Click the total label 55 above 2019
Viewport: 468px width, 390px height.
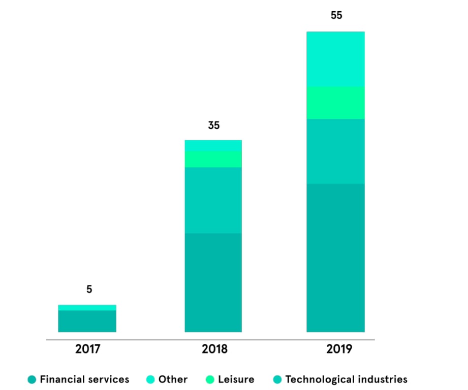tap(336, 16)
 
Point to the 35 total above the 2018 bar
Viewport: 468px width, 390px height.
tap(213, 125)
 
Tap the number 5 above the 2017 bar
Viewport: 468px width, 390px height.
tap(89, 289)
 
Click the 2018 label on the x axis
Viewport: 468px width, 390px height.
tap(214, 349)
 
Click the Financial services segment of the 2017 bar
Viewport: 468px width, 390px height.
tap(87, 321)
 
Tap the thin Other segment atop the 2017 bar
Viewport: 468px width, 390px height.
tap(87, 307)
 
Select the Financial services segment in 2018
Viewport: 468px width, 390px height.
tap(213, 282)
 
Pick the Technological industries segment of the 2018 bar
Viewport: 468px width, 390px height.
tap(213, 200)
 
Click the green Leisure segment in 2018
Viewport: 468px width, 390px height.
tap(213, 159)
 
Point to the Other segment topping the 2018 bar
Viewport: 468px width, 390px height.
tap(213, 145)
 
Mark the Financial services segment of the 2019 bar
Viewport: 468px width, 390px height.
tap(336, 257)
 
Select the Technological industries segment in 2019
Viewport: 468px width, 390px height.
tap(336, 151)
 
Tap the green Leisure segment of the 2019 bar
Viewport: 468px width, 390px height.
tap(336, 103)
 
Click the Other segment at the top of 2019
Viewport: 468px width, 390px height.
tap(336, 59)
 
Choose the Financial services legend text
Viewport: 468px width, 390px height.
tap(84, 379)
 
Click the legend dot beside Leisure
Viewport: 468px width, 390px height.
tap(210, 379)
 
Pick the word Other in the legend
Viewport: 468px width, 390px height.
tap(173, 379)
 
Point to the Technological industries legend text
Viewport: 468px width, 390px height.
tap(346, 379)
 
